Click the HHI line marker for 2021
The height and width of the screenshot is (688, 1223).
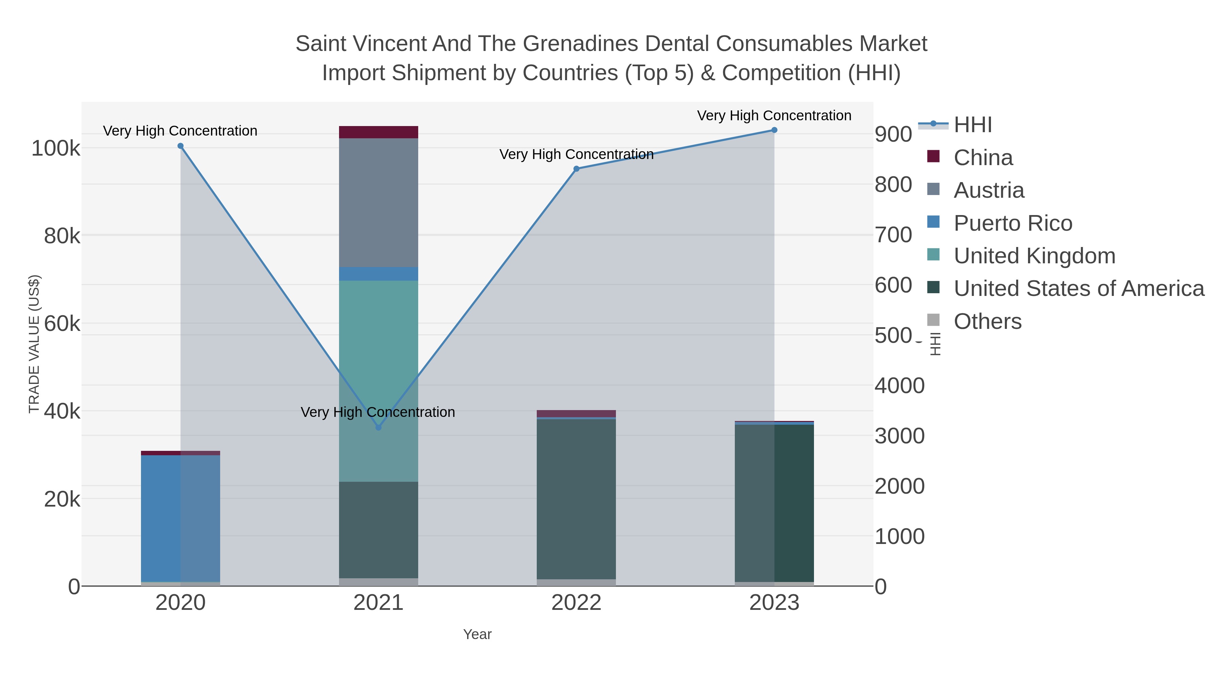(378, 427)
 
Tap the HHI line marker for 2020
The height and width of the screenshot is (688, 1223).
(180, 146)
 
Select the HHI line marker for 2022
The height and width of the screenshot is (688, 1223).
(577, 169)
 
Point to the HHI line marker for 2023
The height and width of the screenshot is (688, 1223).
(774, 130)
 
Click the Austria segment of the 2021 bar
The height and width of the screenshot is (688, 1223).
(378, 203)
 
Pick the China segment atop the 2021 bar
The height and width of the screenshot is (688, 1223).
(378, 132)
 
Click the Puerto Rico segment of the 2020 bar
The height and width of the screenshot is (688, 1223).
(161, 517)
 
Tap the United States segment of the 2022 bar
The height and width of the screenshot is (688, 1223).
(577, 498)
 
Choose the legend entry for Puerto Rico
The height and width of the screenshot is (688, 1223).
(1013, 223)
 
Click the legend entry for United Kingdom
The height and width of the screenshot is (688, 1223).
(1034, 256)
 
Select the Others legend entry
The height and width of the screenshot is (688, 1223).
(988, 321)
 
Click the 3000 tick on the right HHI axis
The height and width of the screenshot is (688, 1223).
(900, 436)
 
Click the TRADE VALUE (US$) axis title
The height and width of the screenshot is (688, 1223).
(34, 344)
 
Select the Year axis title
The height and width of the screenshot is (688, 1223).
(477, 634)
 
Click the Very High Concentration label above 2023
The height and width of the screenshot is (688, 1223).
(774, 116)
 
